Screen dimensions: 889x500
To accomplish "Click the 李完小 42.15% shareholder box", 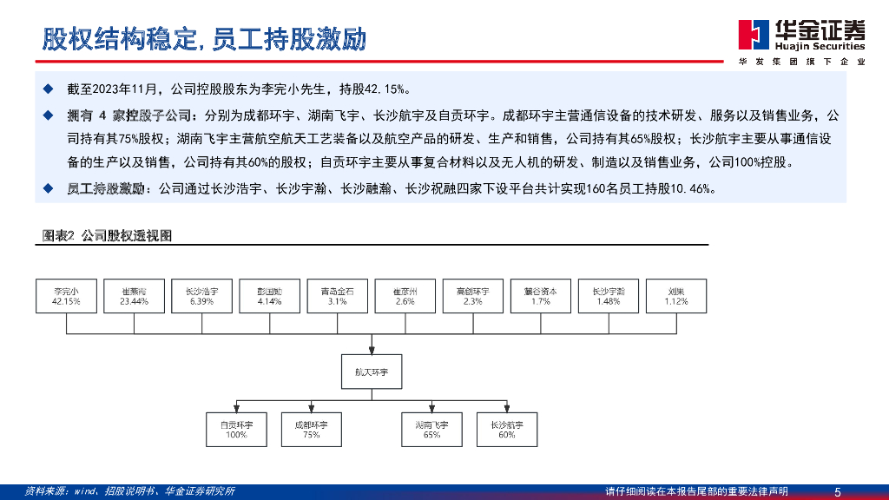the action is pos(66,296).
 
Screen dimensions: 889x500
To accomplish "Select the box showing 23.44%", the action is pos(134,296).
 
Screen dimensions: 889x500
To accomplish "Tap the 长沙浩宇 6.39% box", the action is pos(202,296).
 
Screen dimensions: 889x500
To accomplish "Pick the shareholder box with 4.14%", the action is pos(270,296).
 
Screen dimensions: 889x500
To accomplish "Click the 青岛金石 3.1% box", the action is pos(338,296).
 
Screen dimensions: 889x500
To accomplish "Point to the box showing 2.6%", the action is pos(405,296).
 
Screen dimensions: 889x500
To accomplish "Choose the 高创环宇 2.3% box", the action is pos(473,296).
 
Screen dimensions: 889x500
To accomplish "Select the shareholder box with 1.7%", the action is pos(541,296).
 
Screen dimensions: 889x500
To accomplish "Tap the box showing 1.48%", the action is pos(609,296).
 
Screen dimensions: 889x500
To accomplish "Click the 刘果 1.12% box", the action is pos(677,296).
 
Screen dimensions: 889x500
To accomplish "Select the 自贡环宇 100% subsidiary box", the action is pos(236,429).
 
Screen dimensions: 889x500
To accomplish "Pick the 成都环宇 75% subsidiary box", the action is pos(311,429).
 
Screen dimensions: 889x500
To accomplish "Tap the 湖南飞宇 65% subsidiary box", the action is pos(431,429).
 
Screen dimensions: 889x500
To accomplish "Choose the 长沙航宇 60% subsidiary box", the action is pos(506,429).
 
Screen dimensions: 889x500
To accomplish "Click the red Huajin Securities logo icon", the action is pos(752,34).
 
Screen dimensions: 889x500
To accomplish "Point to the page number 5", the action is pos(837,491).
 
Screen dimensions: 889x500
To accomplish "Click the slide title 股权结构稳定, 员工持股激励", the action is pos(205,39).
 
